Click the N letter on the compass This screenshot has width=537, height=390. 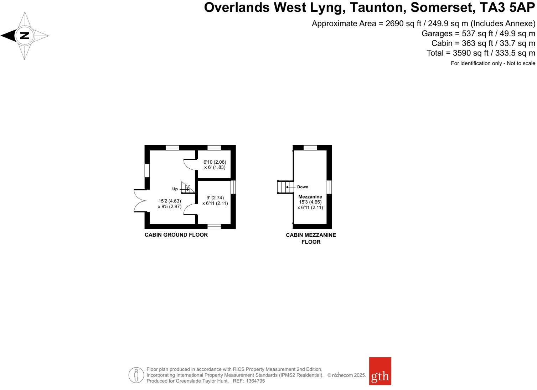[24, 36]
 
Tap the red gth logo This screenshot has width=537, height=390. [380, 371]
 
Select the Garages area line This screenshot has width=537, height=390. [478, 33]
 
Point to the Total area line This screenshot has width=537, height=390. [481, 53]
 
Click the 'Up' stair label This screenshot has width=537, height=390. [175, 189]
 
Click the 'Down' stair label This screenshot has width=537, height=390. [303, 187]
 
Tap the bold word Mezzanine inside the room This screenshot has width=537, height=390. [310, 197]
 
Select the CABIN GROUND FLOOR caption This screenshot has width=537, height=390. [176, 235]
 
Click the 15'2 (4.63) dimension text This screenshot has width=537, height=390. [170, 201]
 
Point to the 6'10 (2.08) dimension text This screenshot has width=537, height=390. [215, 162]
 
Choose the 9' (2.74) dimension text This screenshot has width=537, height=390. [215, 198]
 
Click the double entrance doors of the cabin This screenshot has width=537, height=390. [140, 201]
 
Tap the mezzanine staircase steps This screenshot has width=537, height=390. [285, 187]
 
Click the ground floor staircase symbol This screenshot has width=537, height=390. [188, 188]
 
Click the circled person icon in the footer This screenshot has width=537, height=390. [136, 375]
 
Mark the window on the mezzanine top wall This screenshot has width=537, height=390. [310, 148]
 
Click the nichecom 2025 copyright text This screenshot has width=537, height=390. [346, 375]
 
